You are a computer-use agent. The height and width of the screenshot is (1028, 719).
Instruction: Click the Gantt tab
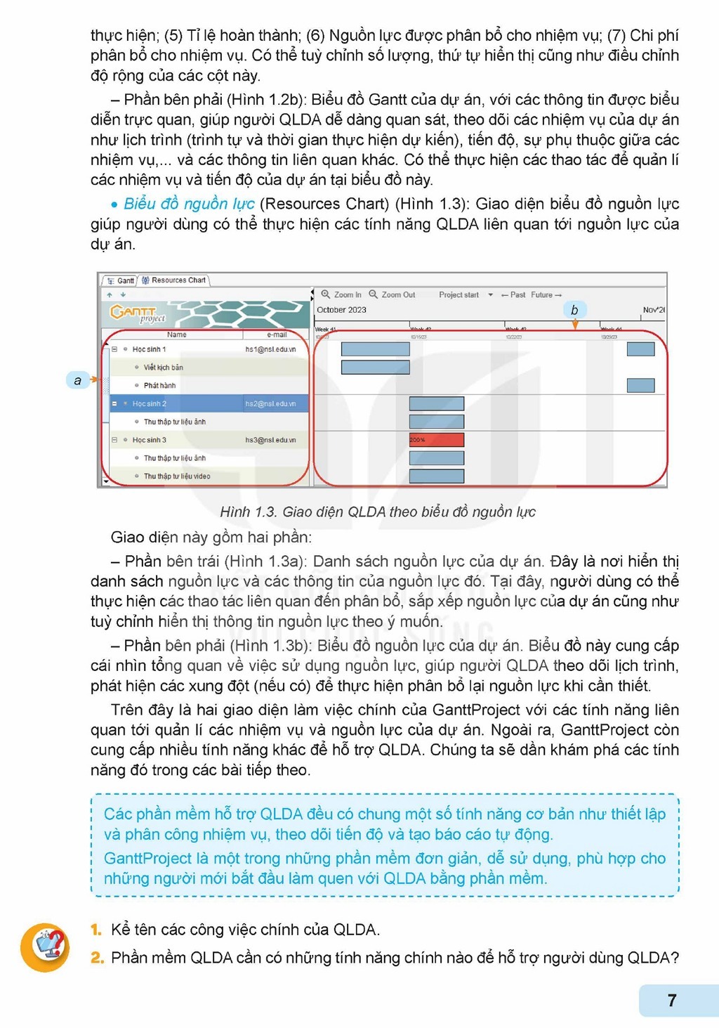tap(121, 280)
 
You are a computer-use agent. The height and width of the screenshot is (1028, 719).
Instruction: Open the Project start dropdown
tap(490, 295)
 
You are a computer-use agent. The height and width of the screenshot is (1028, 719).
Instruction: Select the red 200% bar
tap(436, 440)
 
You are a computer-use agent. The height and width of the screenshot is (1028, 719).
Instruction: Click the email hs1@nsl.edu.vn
tap(270, 349)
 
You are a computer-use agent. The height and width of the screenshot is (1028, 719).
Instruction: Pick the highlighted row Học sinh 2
tap(150, 404)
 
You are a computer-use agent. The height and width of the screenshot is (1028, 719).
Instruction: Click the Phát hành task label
tap(159, 386)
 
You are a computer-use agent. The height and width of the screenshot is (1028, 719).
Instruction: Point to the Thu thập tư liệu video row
tap(176, 476)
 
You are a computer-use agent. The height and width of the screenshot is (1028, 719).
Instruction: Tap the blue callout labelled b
tap(574, 310)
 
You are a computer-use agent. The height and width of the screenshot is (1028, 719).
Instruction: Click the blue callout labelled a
tap(77, 380)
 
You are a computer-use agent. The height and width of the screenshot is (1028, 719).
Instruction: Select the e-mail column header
tap(277, 334)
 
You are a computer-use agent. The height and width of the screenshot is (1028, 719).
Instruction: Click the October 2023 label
tap(341, 310)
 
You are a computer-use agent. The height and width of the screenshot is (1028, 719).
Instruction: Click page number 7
tap(672, 1000)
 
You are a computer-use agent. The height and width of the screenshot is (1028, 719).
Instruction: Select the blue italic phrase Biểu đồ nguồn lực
tap(189, 204)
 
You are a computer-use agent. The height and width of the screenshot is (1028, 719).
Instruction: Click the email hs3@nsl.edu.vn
tap(270, 441)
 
